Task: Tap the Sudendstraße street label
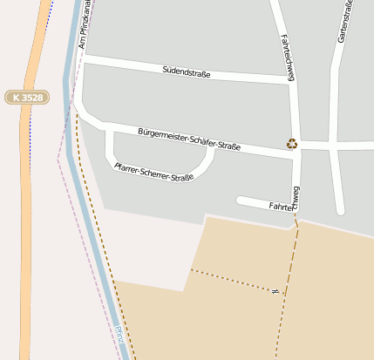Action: [187, 72]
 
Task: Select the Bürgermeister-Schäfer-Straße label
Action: [189, 139]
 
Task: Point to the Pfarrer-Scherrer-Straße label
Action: [154, 171]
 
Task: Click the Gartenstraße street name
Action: [345, 24]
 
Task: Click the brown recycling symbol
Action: [291, 144]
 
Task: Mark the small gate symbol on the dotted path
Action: [275, 291]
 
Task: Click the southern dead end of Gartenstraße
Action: [340, 209]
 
